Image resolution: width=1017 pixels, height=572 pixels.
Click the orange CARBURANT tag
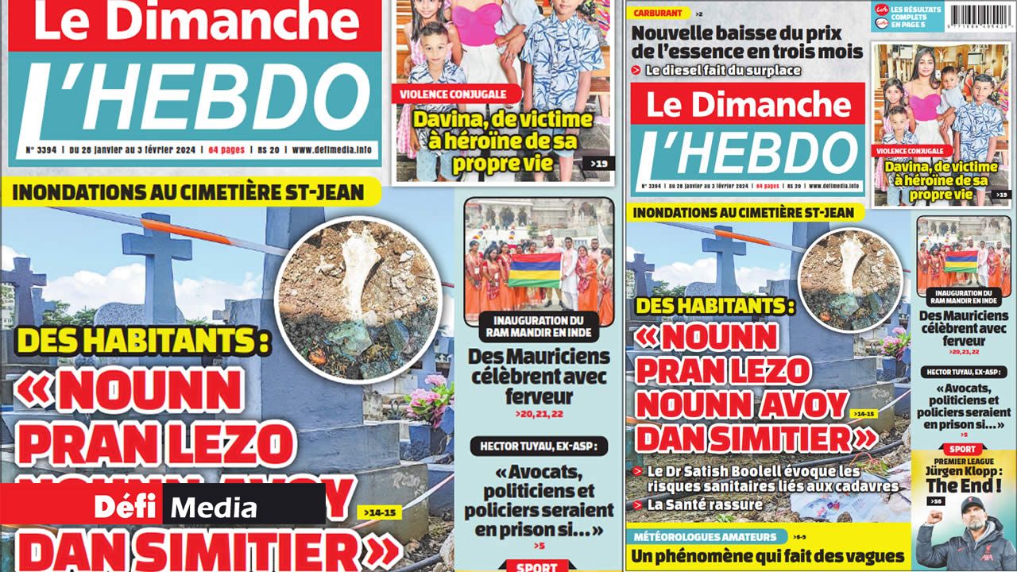(658, 14)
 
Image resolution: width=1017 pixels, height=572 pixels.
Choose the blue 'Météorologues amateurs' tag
(706, 537)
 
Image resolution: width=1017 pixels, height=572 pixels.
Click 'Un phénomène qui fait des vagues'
(768, 557)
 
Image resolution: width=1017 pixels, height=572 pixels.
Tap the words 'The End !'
(963, 485)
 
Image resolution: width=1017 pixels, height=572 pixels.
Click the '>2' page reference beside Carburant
(698, 14)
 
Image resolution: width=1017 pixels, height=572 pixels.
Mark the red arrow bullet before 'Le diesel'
(636, 71)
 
